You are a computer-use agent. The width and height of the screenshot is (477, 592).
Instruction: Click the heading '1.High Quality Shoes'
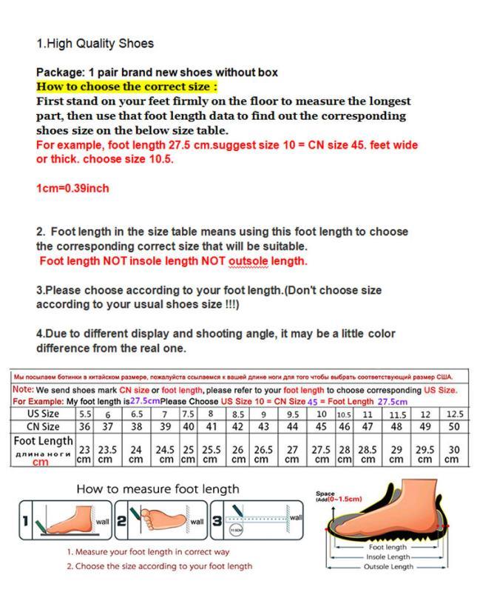[95, 44]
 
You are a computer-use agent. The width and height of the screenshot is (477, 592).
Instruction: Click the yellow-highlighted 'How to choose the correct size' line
[128, 86]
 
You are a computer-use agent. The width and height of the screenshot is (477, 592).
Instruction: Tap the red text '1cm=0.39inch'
[72, 189]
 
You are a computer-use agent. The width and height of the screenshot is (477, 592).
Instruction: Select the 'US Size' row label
[43, 414]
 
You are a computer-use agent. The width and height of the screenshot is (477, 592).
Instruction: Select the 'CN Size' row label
[43, 427]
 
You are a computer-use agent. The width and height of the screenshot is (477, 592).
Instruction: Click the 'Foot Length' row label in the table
[43, 443]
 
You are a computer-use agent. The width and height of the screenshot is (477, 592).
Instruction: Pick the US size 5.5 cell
[85, 414]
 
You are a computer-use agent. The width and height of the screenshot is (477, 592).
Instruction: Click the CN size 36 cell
[85, 427]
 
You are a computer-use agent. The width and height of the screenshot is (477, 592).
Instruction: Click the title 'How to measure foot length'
[158, 489]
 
